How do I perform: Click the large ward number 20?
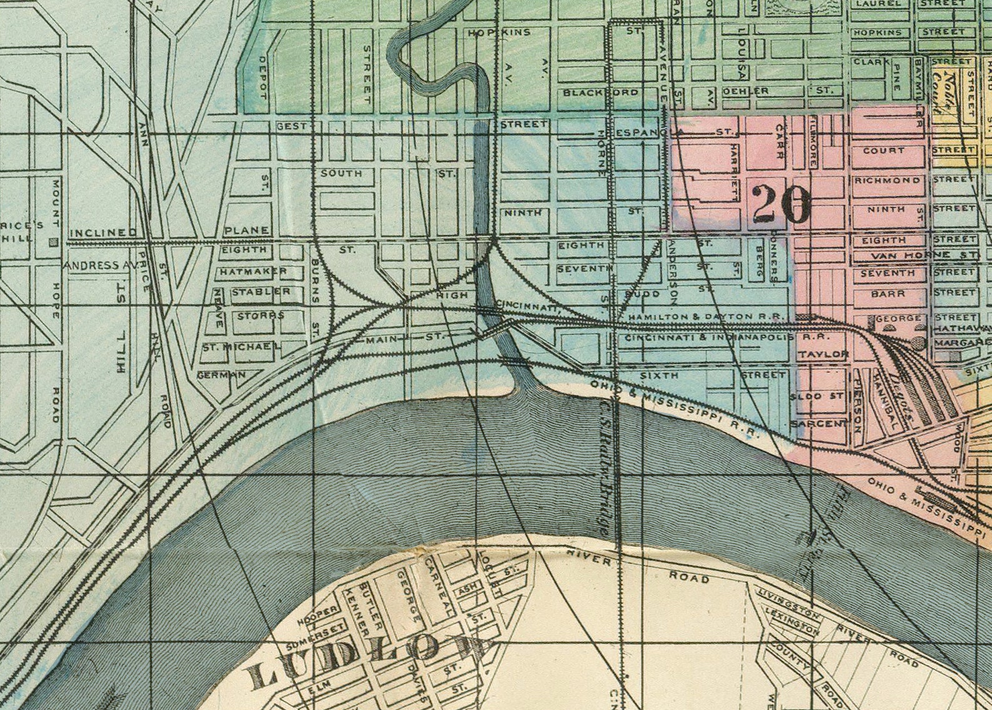tap(781, 204)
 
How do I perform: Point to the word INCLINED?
tap(103, 233)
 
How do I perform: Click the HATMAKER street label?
tap(252, 272)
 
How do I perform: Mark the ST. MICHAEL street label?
tap(241, 346)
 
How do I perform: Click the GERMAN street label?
tap(221, 375)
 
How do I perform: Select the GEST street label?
tap(292, 126)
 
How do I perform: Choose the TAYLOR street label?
tap(823, 354)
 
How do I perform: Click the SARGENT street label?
tap(820, 424)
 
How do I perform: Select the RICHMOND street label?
tap(887, 180)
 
